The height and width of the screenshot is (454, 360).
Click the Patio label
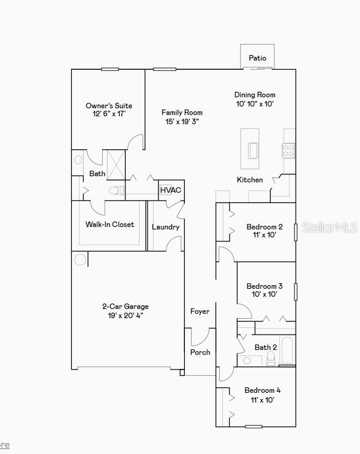(x=257, y=58)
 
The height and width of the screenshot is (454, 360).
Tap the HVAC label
(x=171, y=190)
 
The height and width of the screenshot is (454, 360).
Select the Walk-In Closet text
(x=110, y=225)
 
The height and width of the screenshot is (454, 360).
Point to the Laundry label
(x=166, y=227)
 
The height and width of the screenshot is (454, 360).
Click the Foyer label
(x=200, y=311)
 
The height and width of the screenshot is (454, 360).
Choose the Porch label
(x=200, y=352)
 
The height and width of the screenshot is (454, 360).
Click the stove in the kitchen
(x=288, y=151)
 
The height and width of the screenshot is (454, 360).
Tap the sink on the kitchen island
(x=253, y=151)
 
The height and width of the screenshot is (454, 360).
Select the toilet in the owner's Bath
(x=116, y=190)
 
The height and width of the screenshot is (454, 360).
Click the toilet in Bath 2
(x=271, y=358)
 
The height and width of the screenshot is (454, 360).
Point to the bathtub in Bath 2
(x=287, y=350)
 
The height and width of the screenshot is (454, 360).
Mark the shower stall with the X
(x=116, y=165)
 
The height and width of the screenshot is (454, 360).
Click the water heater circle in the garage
(x=80, y=259)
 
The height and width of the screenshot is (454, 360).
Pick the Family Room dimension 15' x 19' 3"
(x=182, y=122)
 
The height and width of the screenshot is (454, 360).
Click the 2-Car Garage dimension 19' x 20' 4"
(x=126, y=315)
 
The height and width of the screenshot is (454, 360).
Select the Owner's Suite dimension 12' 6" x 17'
(x=109, y=114)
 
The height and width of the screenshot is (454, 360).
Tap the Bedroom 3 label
(x=264, y=286)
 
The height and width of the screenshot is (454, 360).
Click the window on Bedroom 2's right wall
(x=296, y=233)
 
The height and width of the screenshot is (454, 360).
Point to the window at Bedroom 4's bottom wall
(x=253, y=426)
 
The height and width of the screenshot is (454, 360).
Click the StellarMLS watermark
(x=329, y=227)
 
